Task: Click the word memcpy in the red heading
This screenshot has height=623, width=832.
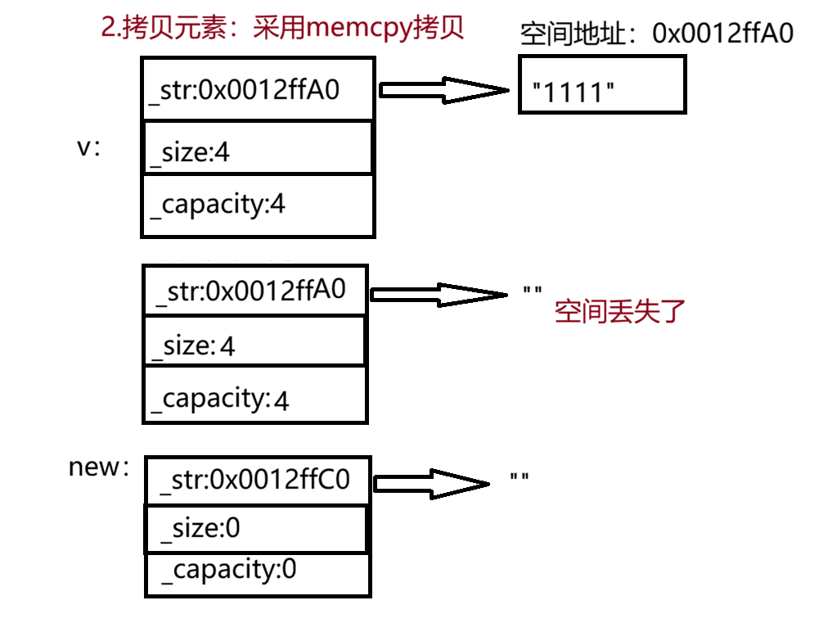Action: click(359, 29)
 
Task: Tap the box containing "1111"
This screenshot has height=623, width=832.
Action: click(602, 84)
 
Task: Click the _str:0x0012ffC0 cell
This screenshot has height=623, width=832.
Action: click(258, 480)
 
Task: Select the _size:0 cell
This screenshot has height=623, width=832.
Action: click(256, 529)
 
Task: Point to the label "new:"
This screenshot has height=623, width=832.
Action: click(99, 467)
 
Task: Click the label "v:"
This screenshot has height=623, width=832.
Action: click(88, 147)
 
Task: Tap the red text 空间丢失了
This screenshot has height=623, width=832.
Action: click(620, 311)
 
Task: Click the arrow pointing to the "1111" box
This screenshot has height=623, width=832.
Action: click(443, 90)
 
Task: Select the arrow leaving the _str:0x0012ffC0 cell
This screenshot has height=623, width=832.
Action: click(431, 483)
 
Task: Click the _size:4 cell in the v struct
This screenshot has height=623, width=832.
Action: click(258, 147)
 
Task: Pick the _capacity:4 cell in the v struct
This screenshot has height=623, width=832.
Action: click(258, 205)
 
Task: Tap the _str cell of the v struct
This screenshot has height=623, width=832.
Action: click(258, 88)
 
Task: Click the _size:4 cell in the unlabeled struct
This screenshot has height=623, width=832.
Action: click(254, 341)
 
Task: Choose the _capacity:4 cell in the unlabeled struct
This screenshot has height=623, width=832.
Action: click(255, 395)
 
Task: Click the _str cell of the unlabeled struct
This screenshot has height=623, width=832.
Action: click(255, 290)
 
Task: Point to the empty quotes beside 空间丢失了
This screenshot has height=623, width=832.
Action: click(533, 291)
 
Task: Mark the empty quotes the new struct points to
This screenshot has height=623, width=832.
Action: click(519, 477)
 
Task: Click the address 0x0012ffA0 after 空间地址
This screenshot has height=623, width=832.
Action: click(722, 33)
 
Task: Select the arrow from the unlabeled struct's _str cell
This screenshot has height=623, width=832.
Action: click(438, 295)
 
